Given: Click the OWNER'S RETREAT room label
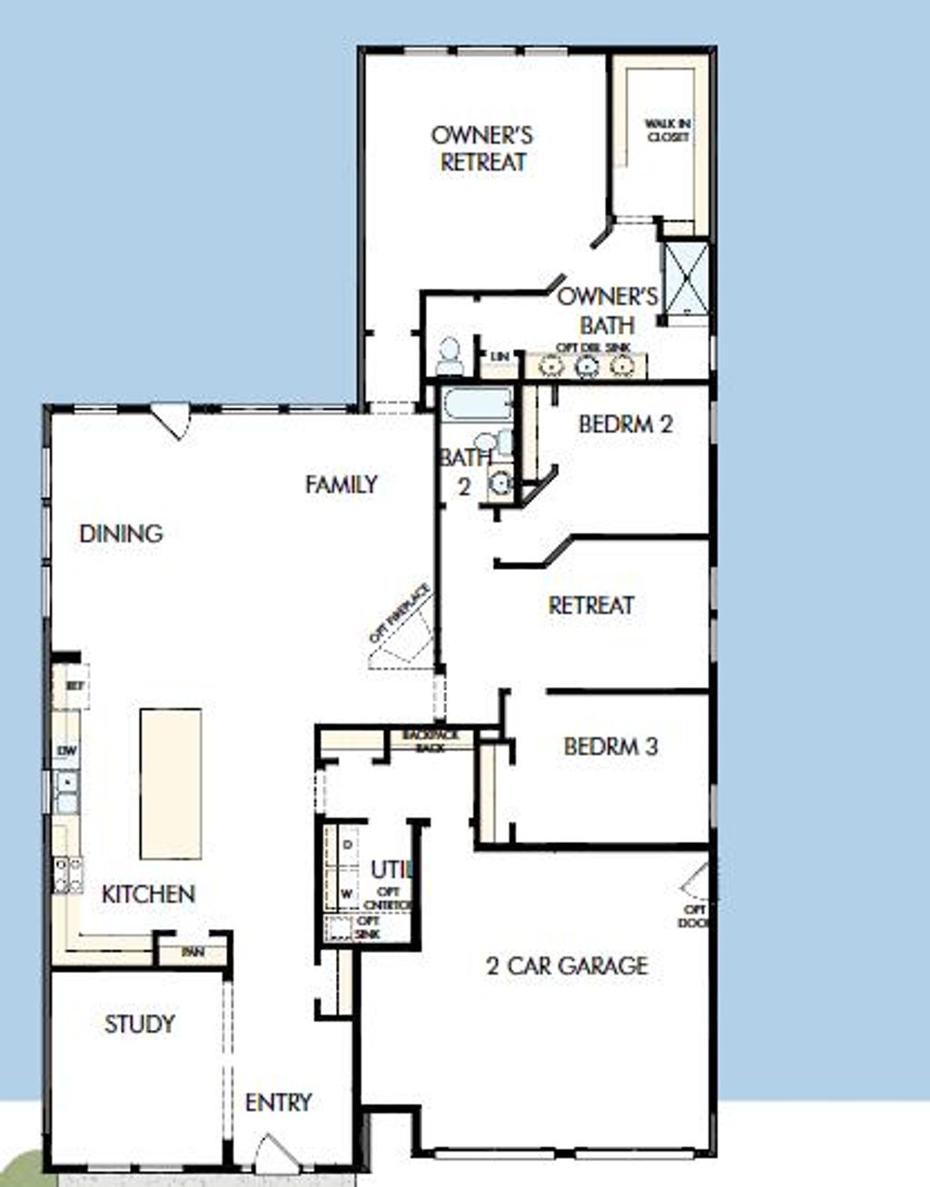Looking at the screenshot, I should (482, 149).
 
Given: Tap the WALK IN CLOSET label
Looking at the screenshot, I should (668, 130).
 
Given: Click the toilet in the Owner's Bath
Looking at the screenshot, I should (450, 357).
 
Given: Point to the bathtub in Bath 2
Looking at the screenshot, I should (477, 405).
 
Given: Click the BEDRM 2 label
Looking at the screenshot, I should (626, 424).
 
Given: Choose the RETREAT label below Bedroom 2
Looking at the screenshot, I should (591, 604).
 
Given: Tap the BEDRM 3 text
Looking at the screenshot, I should (610, 747).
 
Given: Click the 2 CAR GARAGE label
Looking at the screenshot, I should (568, 965).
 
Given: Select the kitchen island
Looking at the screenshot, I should (171, 783).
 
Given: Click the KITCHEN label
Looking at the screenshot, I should (148, 894).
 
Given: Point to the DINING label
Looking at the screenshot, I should (121, 533).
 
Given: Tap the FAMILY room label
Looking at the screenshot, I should (341, 485).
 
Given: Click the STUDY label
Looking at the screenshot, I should (139, 1024).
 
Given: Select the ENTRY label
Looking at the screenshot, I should (279, 1102).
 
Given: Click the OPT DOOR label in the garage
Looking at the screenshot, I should (695, 916).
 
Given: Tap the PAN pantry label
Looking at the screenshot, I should (193, 952).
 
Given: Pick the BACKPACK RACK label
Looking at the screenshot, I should (431, 741).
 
